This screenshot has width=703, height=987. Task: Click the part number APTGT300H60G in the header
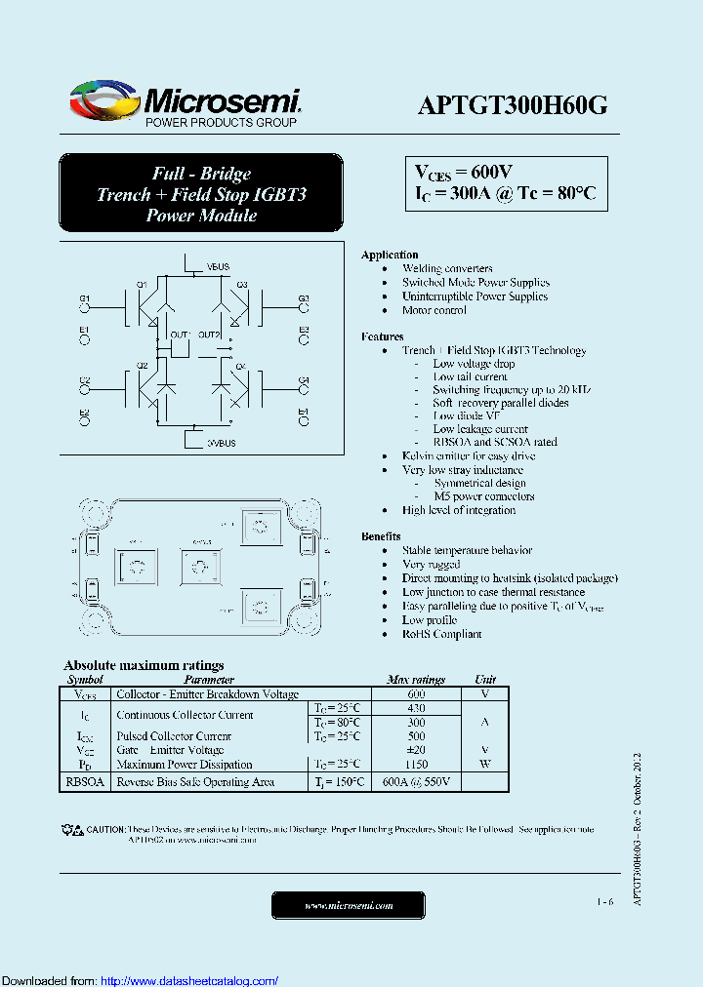click(x=513, y=106)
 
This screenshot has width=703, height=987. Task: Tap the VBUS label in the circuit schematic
click(x=219, y=266)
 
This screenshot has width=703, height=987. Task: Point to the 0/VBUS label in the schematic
click(x=221, y=443)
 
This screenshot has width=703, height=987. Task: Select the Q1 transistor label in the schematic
click(x=141, y=285)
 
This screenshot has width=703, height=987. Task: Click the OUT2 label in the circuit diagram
click(x=210, y=335)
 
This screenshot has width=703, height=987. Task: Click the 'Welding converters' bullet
click(x=447, y=268)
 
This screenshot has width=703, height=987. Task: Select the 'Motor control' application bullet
click(x=434, y=310)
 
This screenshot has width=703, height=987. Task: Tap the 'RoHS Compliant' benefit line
click(x=441, y=634)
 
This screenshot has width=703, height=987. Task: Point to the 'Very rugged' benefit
click(x=431, y=565)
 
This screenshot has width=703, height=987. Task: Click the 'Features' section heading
click(x=382, y=336)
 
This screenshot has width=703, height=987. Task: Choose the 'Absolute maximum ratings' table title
click(x=144, y=665)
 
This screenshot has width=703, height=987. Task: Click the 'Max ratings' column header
click(x=416, y=680)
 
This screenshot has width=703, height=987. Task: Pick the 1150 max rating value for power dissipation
click(x=416, y=765)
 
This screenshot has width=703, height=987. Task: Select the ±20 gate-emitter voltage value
click(x=416, y=750)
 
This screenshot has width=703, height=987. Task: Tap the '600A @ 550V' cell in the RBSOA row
click(x=416, y=782)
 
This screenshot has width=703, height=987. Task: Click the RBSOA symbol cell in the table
click(x=85, y=782)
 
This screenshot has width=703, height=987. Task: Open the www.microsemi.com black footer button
click(x=349, y=906)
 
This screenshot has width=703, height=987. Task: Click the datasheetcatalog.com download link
click(x=189, y=980)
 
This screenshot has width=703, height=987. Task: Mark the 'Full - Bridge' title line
click(x=201, y=174)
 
